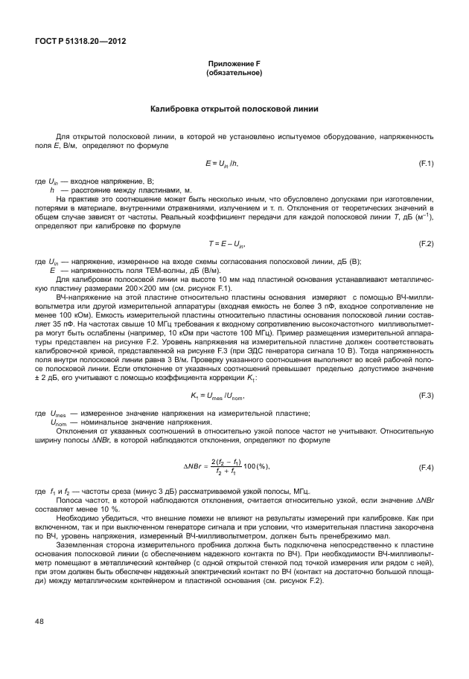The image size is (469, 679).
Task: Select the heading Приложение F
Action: pos(234,65)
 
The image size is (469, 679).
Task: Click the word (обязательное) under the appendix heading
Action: pos(234,74)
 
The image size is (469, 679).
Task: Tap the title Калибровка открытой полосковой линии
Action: pos(234,109)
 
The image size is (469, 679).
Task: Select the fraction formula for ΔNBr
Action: pos(226,466)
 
